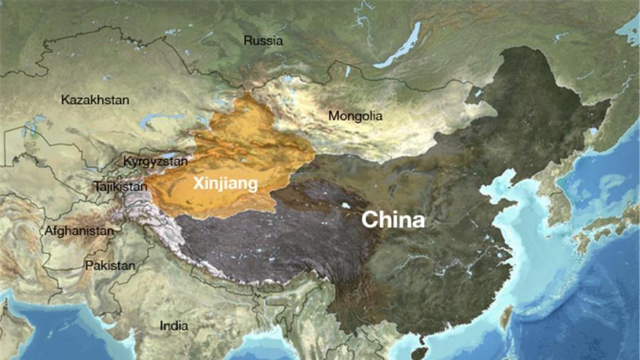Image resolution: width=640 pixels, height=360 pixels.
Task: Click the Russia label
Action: click(263, 41)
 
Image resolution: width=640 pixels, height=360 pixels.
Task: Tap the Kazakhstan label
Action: click(95, 100)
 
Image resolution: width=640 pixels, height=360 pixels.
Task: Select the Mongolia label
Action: click(355, 115)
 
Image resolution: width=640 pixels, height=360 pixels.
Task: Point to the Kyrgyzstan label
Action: click(154, 161)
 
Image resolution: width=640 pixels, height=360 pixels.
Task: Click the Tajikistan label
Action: click(120, 187)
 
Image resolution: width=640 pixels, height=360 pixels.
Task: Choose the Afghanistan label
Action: click(78, 231)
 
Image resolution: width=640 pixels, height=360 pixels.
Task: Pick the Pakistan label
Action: click(110, 265)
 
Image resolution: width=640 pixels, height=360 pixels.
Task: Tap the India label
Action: click(174, 326)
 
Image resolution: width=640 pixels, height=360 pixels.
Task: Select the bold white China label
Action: click(392, 220)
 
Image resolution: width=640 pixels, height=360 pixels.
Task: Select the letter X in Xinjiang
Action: click(199, 183)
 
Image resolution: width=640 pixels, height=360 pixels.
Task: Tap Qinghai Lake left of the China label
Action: click(345, 206)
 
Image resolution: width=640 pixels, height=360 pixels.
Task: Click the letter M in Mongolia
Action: click(332, 115)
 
